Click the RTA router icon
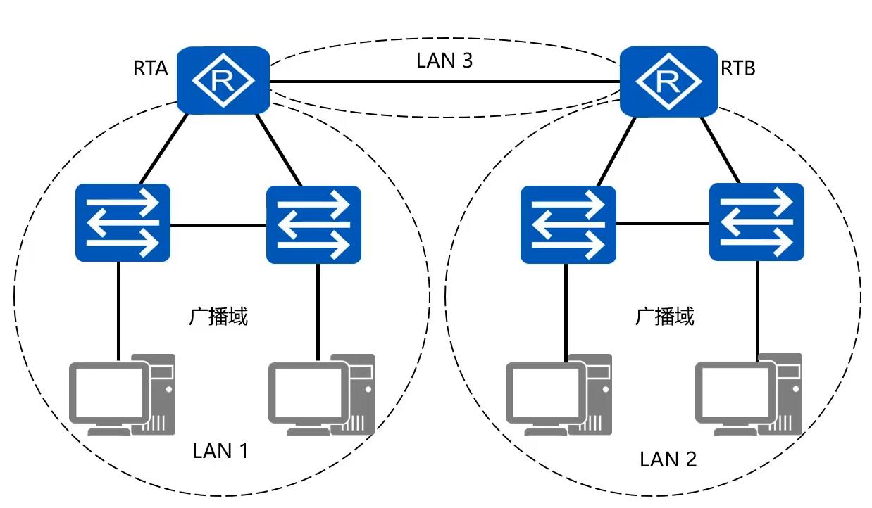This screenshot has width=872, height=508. (223, 80)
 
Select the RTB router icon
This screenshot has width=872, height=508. (668, 80)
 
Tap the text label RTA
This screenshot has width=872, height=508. (150, 68)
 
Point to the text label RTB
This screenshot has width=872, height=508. (738, 68)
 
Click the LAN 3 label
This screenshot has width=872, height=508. (444, 61)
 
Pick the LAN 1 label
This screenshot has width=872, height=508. (220, 450)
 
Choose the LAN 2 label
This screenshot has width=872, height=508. (668, 459)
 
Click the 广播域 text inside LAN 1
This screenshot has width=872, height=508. (218, 317)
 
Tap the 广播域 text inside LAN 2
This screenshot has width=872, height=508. (664, 317)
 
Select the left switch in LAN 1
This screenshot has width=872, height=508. (123, 222)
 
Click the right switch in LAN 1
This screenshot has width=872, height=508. (313, 224)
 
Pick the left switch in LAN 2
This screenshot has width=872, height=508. (568, 224)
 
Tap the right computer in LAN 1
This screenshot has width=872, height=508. (322, 394)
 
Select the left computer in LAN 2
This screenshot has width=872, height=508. (558, 394)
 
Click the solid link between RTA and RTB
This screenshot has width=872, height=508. (444, 82)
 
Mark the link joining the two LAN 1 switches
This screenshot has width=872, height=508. (218, 226)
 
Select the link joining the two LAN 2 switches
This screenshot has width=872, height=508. (662, 224)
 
